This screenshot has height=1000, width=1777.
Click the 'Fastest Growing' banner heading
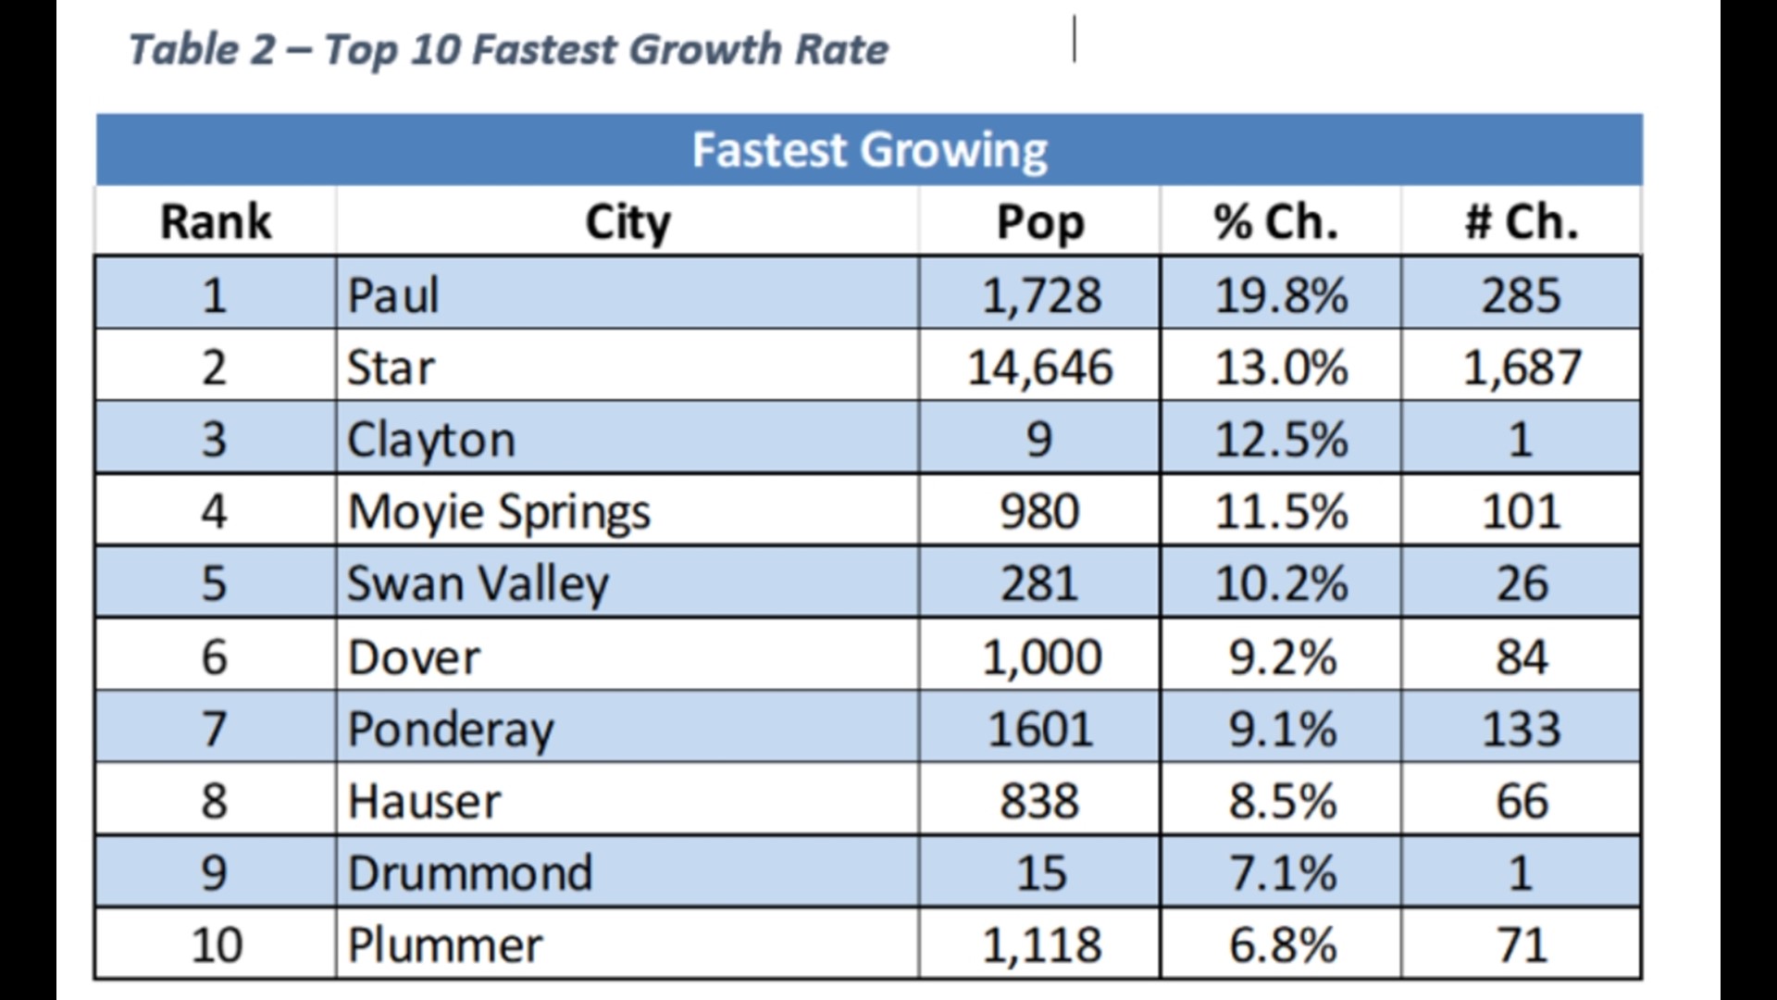[869, 150]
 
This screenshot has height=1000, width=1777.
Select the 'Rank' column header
[215, 222]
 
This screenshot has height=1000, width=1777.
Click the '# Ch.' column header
[1521, 222]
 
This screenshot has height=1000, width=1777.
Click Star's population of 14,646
[1039, 368]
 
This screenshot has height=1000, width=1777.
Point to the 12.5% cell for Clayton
[1280, 439]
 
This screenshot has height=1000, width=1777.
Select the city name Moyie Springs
[498, 512]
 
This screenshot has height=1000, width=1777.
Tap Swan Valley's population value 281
[1039, 584]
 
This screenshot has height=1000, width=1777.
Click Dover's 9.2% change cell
[1282, 657]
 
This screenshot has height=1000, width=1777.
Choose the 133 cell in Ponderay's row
[1521, 729]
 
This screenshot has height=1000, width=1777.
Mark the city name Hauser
[423, 801]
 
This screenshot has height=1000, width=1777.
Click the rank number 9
[214, 873]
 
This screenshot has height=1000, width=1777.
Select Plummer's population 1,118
[1041, 945]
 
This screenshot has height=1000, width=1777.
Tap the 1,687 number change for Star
[1521, 368]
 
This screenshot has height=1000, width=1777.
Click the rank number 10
[216, 945]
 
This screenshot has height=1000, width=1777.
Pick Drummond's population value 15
[1041, 873]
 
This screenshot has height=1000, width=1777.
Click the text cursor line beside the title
[1075, 39]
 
